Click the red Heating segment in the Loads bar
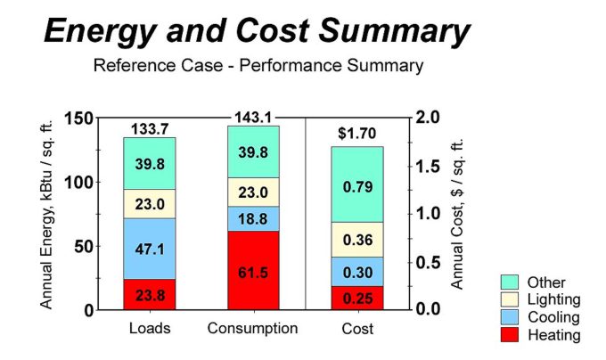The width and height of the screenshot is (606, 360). [150, 294]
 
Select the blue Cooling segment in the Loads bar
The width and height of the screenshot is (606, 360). [150, 249]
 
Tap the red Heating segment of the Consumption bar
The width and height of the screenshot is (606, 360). [253, 270]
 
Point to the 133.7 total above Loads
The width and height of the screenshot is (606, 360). [150, 129]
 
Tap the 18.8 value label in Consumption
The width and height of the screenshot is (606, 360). [253, 218]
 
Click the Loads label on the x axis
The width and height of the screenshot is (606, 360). [150, 329]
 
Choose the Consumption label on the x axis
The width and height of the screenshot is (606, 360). [253, 329]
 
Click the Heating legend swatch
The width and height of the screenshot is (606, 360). [510, 335]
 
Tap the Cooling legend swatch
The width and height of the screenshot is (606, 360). [510, 317]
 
